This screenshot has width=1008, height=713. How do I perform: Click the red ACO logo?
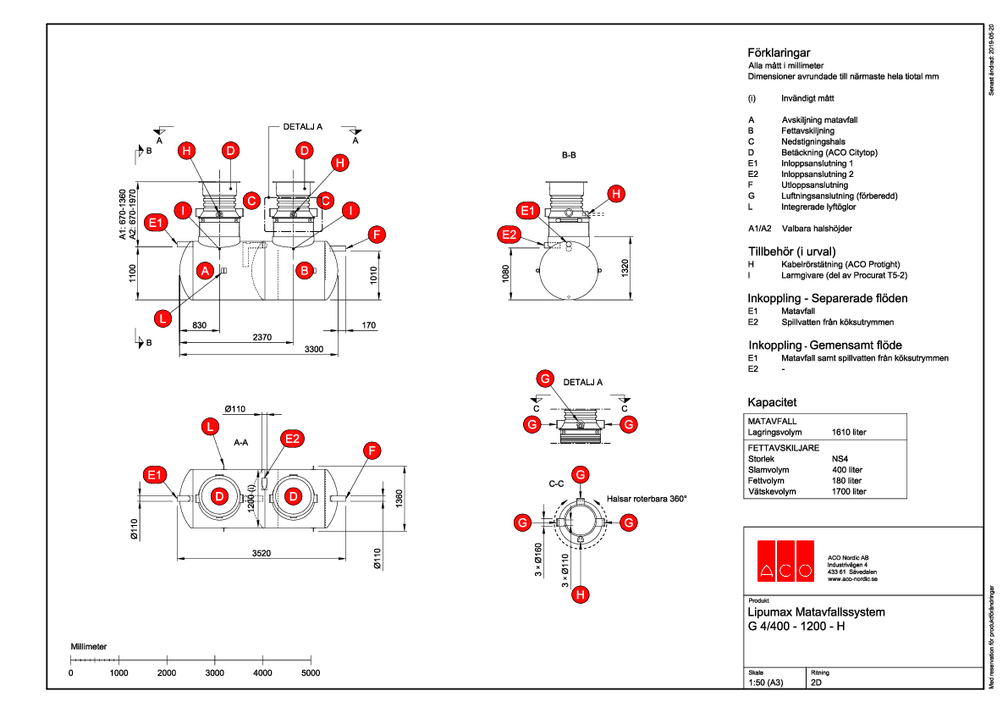point(785,561)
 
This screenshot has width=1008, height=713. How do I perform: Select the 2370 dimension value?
point(262,337)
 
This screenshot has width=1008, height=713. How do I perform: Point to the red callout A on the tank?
point(204,271)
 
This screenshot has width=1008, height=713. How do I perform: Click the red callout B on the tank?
point(304,271)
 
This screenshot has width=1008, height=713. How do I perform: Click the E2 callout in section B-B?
point(510,235)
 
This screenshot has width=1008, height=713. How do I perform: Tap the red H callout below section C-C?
point(580,595)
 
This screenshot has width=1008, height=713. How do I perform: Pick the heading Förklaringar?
point(774,53)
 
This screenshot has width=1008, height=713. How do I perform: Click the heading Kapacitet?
point(771,401)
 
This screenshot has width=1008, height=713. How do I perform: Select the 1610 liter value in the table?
point(849,432)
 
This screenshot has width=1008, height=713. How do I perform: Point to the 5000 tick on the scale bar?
point(311,672)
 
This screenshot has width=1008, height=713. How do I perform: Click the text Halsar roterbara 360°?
point(647,499)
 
